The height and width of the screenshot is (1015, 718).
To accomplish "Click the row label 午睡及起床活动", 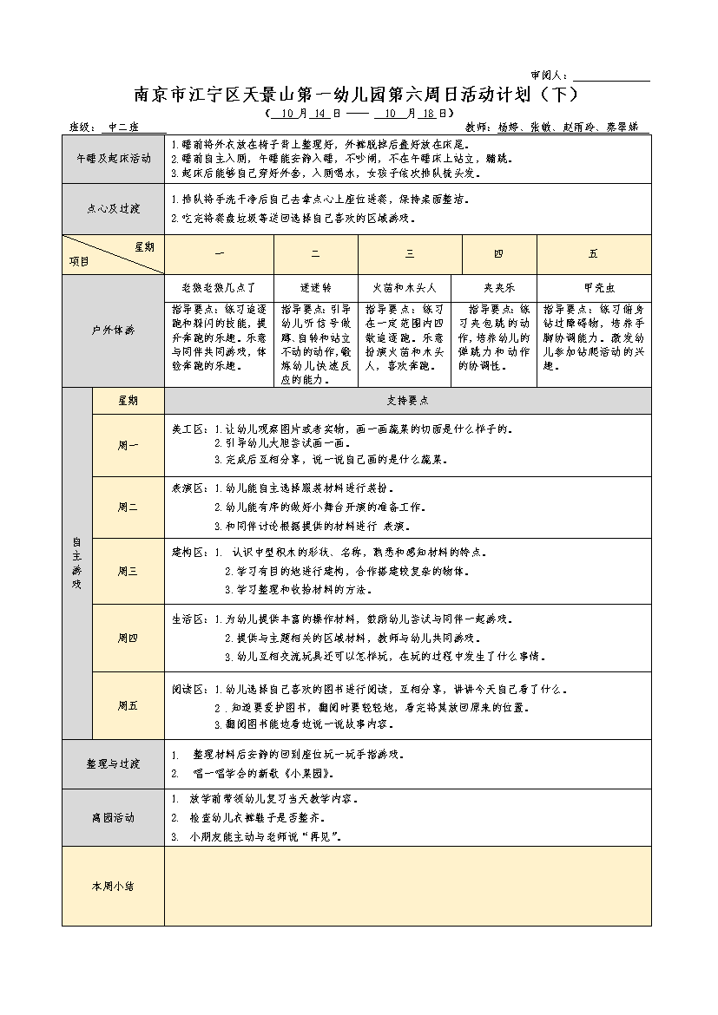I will pyautogui.click(x=113, y=159).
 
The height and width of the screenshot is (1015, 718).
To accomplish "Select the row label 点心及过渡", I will pyautogui.click(x=113, y=209).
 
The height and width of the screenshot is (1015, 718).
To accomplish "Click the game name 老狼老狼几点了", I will pyautogui.click(x=219, y=286).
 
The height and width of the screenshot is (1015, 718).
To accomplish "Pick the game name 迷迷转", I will pyautogui.click(x=315, y=286).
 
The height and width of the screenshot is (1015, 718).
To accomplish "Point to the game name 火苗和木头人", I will pyautogui.click(x=404, y=286).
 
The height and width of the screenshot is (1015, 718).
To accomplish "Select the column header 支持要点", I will pyautogui.click(x=407, y=401).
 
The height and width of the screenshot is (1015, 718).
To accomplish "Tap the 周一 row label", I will pyautogui.click(x=128, y=445).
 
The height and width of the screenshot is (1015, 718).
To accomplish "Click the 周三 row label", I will pyautogui.click(x=128, y=571).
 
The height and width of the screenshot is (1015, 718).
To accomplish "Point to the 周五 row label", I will pyautogui.click(x=128, y=705).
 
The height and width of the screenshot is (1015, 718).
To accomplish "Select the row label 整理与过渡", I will pyautogui.click(x=113, y=763).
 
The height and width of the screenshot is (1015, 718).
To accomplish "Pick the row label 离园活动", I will pyautogui.click(x=113, y=817).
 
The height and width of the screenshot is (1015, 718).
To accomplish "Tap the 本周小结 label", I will pyautogui.click(x=113, y=886).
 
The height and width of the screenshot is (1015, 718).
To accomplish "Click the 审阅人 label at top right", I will pyautogui.click(x=549, y=76).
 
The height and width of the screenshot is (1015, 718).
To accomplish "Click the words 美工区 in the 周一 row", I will pyautogui.click(x=187, y=429).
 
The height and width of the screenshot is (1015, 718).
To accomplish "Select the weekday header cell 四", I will pyautogui.click(x=497, y=254).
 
